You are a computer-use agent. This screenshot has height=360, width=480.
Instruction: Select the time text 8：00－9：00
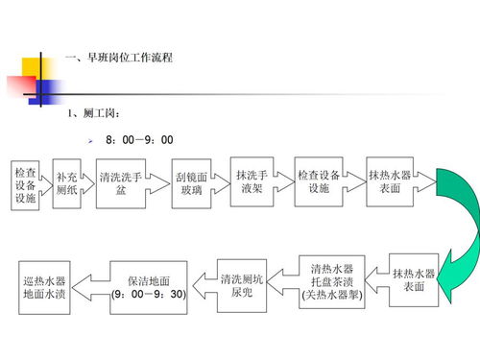point(139,140)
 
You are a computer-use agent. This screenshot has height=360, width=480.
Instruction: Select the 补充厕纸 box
point(67,184)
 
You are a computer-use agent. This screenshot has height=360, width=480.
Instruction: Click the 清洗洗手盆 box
point(120,183)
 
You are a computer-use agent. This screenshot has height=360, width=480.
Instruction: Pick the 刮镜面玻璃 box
point(189,183)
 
